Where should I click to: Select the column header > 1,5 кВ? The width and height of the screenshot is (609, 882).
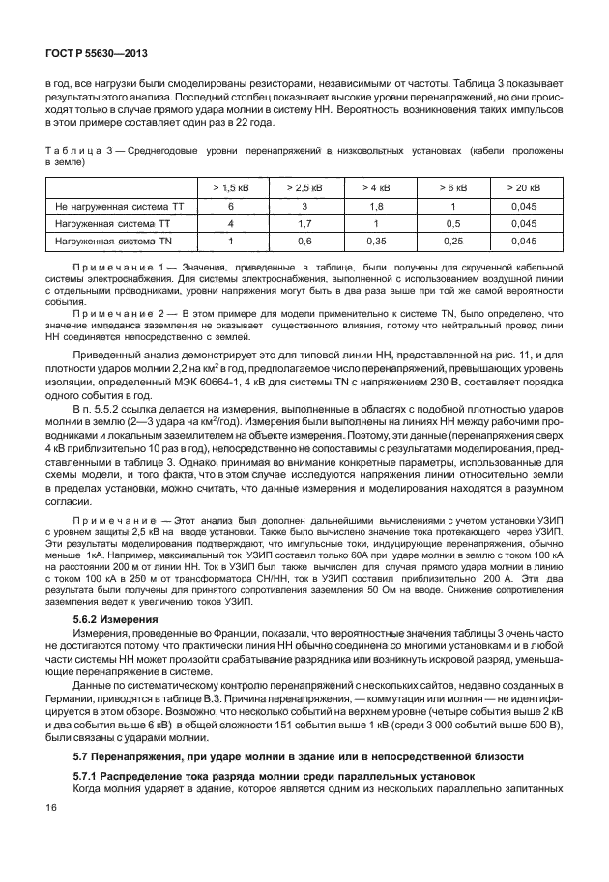tap(231, 187)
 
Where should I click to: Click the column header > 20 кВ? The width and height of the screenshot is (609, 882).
tap(524, 187)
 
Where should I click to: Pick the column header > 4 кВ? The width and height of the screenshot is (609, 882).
tap(376, 187)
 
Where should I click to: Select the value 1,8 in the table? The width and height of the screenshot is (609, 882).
tap(376, 206)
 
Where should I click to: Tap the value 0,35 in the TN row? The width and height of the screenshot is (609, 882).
tap(376, 241)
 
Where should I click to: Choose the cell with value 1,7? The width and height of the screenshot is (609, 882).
tap(304, 223)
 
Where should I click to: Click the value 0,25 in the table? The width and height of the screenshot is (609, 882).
tap(449, 241)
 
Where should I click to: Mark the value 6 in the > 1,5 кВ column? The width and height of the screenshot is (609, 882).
tap(231, 206)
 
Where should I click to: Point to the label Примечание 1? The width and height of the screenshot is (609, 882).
tap(114, 264)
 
